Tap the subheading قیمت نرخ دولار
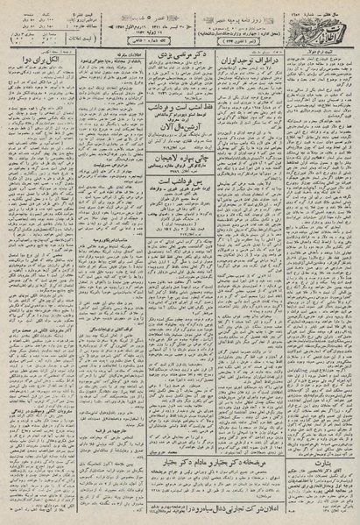coord(328,54)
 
